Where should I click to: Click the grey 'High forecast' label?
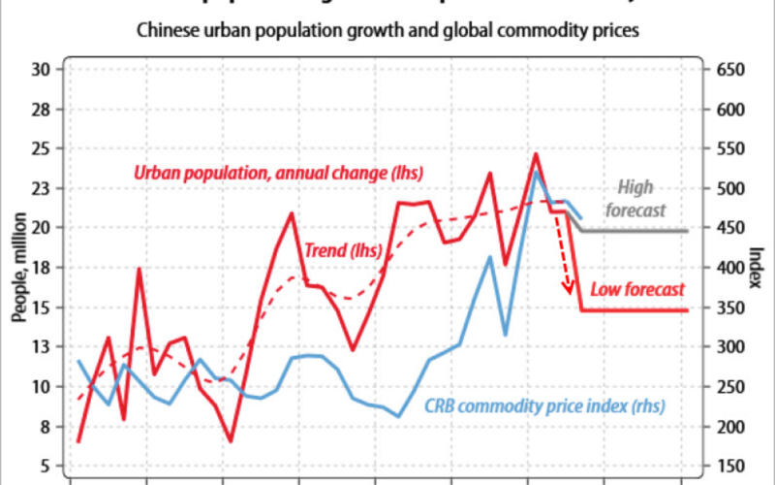(x=635, y=198)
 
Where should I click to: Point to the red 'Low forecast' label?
(x=637, y=289)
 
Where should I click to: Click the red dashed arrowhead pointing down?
(x=570, y=287)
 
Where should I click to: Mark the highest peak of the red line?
(x=536, y=153)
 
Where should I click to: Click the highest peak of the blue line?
(x=536, y=172)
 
